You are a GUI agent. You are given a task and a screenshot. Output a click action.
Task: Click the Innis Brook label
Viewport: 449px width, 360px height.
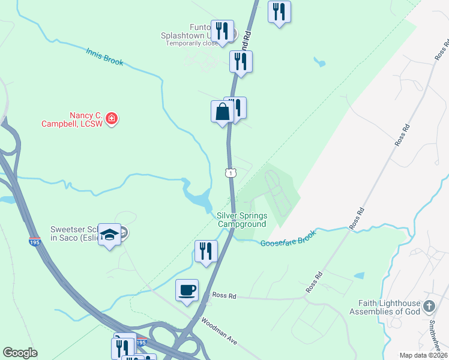click(x=104, y=57)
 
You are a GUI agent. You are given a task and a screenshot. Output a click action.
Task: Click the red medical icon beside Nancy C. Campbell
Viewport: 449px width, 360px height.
click(x=111, y=119)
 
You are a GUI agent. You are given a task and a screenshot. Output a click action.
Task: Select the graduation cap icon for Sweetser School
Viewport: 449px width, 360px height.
click(x=110, y=235)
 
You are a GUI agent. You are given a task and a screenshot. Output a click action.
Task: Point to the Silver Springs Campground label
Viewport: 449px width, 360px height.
click(x=241, y=220)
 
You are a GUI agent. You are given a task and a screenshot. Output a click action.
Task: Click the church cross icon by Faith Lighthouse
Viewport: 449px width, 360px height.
click(x=429, y=307)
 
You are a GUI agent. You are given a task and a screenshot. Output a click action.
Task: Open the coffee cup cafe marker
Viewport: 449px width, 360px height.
click(x=186, y=290)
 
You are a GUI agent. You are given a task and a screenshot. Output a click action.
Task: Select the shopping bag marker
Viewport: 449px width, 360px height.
click(x=222, y=112)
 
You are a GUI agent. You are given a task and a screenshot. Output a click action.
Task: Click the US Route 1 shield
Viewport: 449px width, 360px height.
click(x=231, y=173)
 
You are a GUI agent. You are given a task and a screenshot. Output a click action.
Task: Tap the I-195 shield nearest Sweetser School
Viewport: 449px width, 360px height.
click(x=35, y=241)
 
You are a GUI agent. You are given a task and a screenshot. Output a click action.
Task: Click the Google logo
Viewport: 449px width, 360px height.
click(x=20, y=353)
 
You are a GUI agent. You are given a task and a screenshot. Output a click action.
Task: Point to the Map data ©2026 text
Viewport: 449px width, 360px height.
click(x=423, y=355)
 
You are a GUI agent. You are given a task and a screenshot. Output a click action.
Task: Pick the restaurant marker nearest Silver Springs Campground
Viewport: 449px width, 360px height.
click(x=206, y=251)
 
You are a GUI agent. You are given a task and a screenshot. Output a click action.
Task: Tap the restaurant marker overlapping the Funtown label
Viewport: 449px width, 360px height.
click(x=223, y=31)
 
